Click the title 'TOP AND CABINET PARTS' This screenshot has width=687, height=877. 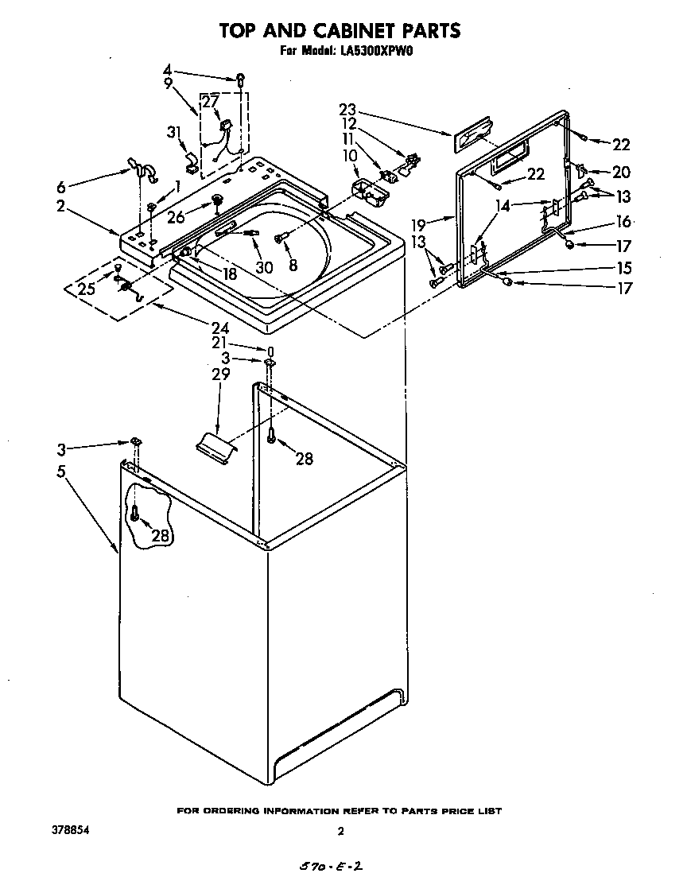click(340, 31)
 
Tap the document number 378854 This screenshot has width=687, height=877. click(69, 830)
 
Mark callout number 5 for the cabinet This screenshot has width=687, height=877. click(61, 471)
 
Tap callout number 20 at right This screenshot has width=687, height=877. click(620, 172)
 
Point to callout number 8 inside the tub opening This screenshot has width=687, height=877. click(293, 266)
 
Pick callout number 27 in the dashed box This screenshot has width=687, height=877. click(210, 102)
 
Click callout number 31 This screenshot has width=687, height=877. click(174, 133)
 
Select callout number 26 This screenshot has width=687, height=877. click(176, 215)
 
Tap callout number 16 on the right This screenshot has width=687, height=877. click(623, 223)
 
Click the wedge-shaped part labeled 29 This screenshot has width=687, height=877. click(214, 444)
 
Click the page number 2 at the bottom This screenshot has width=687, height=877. click(341, 832)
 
